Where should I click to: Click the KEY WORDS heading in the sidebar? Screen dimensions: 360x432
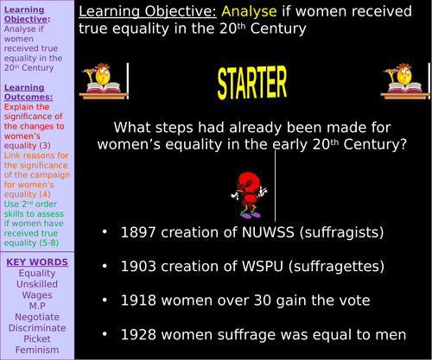click(x=36, y=262)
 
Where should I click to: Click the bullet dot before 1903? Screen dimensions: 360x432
click(x=104, y=267)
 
